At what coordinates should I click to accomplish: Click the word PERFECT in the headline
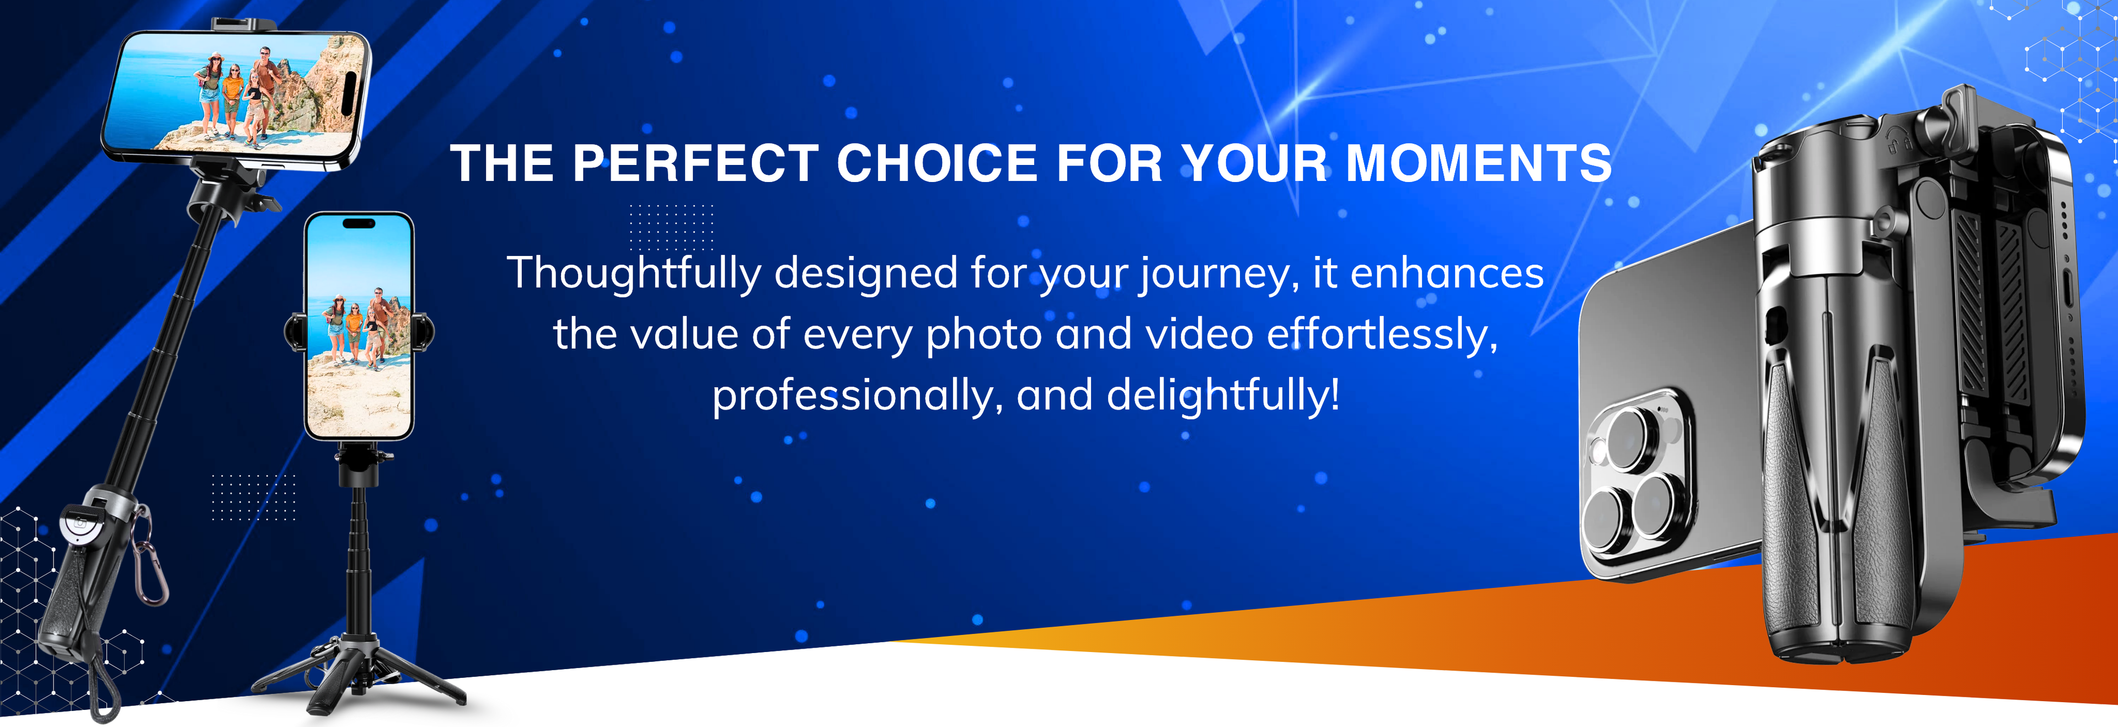click(696, 163)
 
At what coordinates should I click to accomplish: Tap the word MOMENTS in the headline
click(1478, 163)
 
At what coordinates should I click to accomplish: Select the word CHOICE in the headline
click(937, 163)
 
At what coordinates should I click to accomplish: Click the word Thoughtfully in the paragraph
click(634, 274)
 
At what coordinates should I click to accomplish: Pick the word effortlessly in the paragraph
click(1382, 335)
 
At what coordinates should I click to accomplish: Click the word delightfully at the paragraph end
click(1223, 395)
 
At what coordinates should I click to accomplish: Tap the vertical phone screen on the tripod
click(359, 325)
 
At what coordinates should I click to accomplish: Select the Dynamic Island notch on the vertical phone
click(359, 223)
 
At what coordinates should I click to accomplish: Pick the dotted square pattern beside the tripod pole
click(253, 497)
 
